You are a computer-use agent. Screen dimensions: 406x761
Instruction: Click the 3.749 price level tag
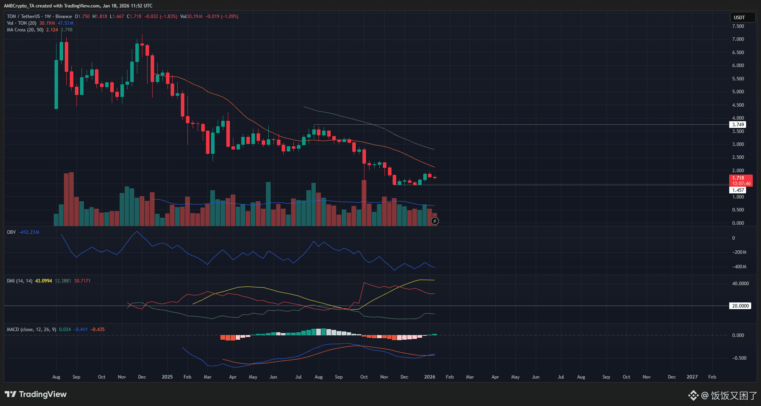tap(738, 125)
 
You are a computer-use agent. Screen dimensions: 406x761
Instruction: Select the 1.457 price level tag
tap(738, 190)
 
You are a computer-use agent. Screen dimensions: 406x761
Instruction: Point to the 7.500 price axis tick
tap(738, 26)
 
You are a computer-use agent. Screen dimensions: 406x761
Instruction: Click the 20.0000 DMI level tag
tap(740, 306)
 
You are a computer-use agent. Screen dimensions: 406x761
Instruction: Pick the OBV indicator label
tap(11, 232)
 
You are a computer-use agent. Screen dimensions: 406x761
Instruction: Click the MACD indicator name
tap(13, 330)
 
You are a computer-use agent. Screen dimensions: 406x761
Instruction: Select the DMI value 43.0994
tap(44, 281)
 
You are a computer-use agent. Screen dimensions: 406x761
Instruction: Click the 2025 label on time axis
tap(167, 377)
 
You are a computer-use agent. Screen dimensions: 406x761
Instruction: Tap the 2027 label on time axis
tap(692, 377)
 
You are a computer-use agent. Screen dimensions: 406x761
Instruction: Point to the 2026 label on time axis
tap(430, 377)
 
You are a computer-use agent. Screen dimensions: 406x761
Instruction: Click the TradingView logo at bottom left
tap(36, 394)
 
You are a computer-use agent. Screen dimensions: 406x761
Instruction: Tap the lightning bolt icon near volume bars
tap(435, 221)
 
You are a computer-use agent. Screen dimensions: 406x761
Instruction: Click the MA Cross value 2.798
tap(66, 30)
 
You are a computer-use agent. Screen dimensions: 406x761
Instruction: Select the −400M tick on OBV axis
tap(739, 267)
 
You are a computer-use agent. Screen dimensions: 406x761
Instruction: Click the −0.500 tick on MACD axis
tap(738, 358)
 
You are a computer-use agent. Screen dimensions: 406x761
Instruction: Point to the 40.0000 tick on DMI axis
tap(740, 284)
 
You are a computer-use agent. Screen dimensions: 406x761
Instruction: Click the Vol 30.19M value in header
tap(195, 16)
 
